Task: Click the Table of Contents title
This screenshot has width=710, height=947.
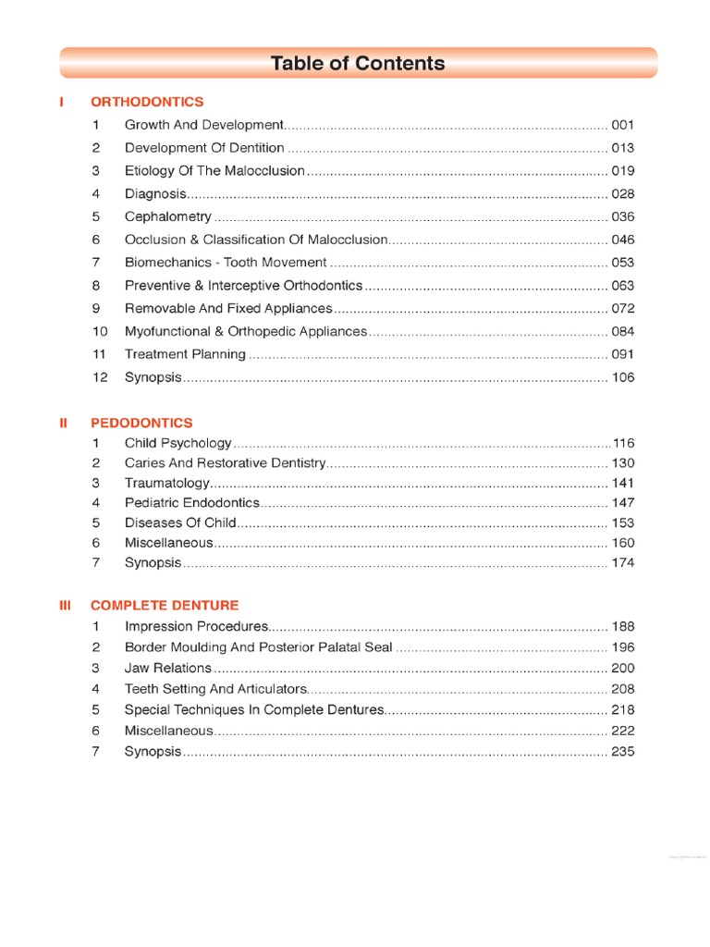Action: (358, 64)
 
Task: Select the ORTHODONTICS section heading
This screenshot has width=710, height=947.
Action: (147, 102)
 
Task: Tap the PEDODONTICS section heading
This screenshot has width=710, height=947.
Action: (141, 423)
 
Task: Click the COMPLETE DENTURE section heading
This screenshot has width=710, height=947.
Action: (165, 605)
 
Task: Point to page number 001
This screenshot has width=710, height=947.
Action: (623, 125)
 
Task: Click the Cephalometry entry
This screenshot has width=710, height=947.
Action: (168, 216)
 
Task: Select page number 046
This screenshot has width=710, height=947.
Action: (623, 240)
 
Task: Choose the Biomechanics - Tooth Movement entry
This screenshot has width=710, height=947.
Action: (226, 263)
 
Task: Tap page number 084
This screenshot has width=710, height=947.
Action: (623, 331)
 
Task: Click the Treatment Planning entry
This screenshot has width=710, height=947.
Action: (185, 354)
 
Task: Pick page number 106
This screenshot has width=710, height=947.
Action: (623, 377)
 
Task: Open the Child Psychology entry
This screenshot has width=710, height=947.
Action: (178, 443)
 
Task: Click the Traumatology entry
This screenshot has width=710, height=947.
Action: (167, 483)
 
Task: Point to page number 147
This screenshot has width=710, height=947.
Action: (623, 503)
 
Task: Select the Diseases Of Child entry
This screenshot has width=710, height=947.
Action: (180, 523)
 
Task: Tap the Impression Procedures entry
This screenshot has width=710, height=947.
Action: (197, 626)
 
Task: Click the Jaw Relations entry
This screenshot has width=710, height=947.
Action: (168, 668)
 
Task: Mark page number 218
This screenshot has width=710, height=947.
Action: (623, 709)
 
